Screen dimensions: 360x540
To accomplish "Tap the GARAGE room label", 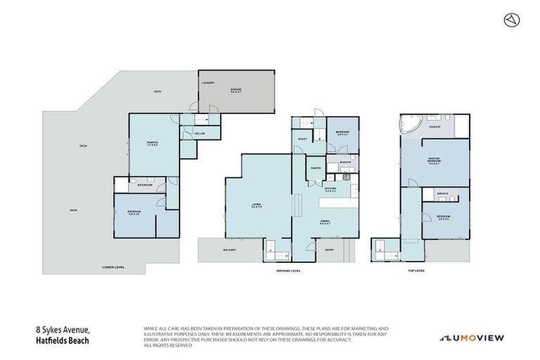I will (x=236, y=91).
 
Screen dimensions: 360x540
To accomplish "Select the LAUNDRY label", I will (x=207, y=82).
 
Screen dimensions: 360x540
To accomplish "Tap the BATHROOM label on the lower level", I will (x=146, y=185).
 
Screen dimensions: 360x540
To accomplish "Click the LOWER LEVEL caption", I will (x=113, y=267).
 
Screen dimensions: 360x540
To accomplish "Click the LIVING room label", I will (x=257, y=205).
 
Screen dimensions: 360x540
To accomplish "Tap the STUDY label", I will (x=302, y=139).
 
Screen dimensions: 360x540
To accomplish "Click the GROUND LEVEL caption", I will (x=289, y=270).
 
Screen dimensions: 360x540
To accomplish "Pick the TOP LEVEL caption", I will (x=416, y=270).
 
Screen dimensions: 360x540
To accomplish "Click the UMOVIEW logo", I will (x=472, y=337).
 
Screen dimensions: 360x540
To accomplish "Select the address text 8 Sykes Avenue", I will (x=64, y=328).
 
